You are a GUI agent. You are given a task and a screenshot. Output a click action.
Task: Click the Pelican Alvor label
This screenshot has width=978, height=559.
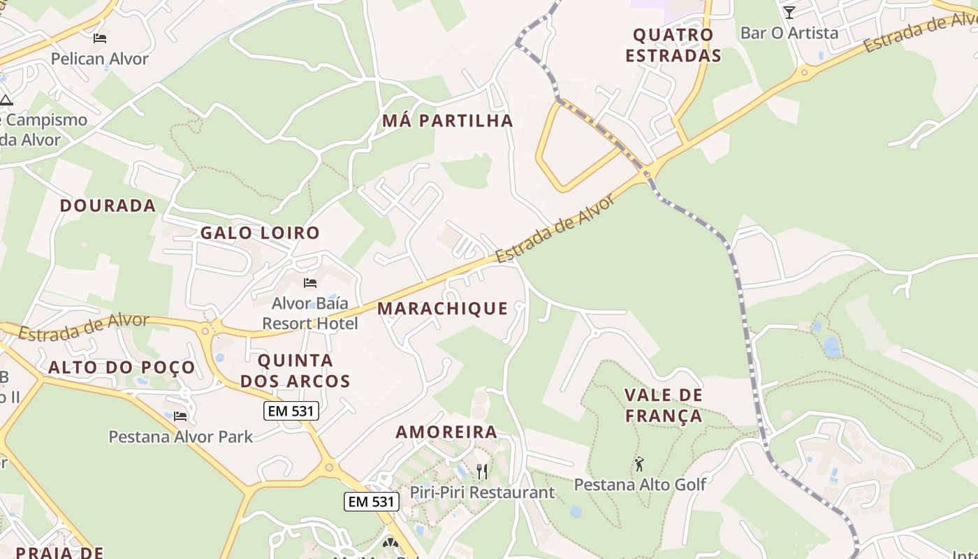coord(100,59)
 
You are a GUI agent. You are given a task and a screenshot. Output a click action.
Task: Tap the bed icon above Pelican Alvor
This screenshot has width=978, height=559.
coord(100,38)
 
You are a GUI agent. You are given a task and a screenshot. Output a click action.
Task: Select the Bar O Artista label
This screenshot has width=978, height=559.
coord(789,33)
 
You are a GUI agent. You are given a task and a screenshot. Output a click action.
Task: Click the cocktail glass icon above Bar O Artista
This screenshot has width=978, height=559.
coord(789,12)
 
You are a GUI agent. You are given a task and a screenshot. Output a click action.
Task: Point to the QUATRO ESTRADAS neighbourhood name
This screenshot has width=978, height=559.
coord(673,45)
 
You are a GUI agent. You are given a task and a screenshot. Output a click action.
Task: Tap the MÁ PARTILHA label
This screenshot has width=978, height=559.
coord(448,121)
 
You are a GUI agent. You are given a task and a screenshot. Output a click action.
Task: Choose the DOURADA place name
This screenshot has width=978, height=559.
coord(108,205)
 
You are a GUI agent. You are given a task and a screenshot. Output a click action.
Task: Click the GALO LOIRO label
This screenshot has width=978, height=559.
coord(260,233)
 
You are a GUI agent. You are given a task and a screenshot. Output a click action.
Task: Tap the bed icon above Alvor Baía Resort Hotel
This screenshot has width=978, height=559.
coord(310,283)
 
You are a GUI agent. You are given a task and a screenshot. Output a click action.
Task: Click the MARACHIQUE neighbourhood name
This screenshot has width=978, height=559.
coord(443,308)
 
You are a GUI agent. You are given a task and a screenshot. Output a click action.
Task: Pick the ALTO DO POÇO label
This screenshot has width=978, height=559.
coord(122,368)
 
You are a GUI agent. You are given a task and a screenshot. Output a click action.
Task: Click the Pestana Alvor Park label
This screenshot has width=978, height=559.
coord(180,437)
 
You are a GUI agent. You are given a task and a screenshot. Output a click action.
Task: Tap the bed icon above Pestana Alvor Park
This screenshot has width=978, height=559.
coord(180,416)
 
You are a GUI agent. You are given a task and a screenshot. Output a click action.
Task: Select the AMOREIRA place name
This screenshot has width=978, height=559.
coord(446,432)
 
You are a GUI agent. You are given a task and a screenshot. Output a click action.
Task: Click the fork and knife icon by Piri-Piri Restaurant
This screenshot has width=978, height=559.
coord(481,471)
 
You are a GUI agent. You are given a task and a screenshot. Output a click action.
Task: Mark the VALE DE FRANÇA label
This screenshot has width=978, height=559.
coord(664,405)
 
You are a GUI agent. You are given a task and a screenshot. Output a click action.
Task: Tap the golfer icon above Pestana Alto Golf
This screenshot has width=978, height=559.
coord(639,463)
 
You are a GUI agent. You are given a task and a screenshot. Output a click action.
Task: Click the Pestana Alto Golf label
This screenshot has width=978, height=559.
coord(640,484)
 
